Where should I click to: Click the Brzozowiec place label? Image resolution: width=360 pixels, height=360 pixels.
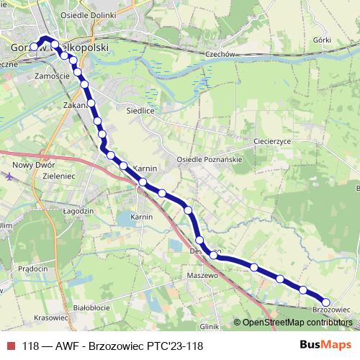coord(331,310)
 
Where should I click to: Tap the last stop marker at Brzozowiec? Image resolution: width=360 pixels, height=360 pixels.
coord(325,302)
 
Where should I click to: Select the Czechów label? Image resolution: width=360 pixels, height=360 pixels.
coord(220,54)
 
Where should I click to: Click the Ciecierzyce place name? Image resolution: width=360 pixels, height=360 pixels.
coord(272,142)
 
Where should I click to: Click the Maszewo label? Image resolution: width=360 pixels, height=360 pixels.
coord(202,276)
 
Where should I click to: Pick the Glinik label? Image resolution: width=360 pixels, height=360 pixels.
coord(209,325)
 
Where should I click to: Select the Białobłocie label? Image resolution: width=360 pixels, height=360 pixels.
coord(91,307)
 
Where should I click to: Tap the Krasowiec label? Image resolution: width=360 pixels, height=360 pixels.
coord(50,318)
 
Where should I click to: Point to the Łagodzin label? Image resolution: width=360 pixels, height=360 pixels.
coord(78,211)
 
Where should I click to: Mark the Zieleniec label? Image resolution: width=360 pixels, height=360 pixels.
coord(60,176)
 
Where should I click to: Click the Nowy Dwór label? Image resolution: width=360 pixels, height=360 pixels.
coord(29,165)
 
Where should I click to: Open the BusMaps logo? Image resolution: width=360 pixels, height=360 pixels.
coord(325,345)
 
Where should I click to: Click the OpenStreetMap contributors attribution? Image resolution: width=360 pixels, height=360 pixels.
coord(294,323)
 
